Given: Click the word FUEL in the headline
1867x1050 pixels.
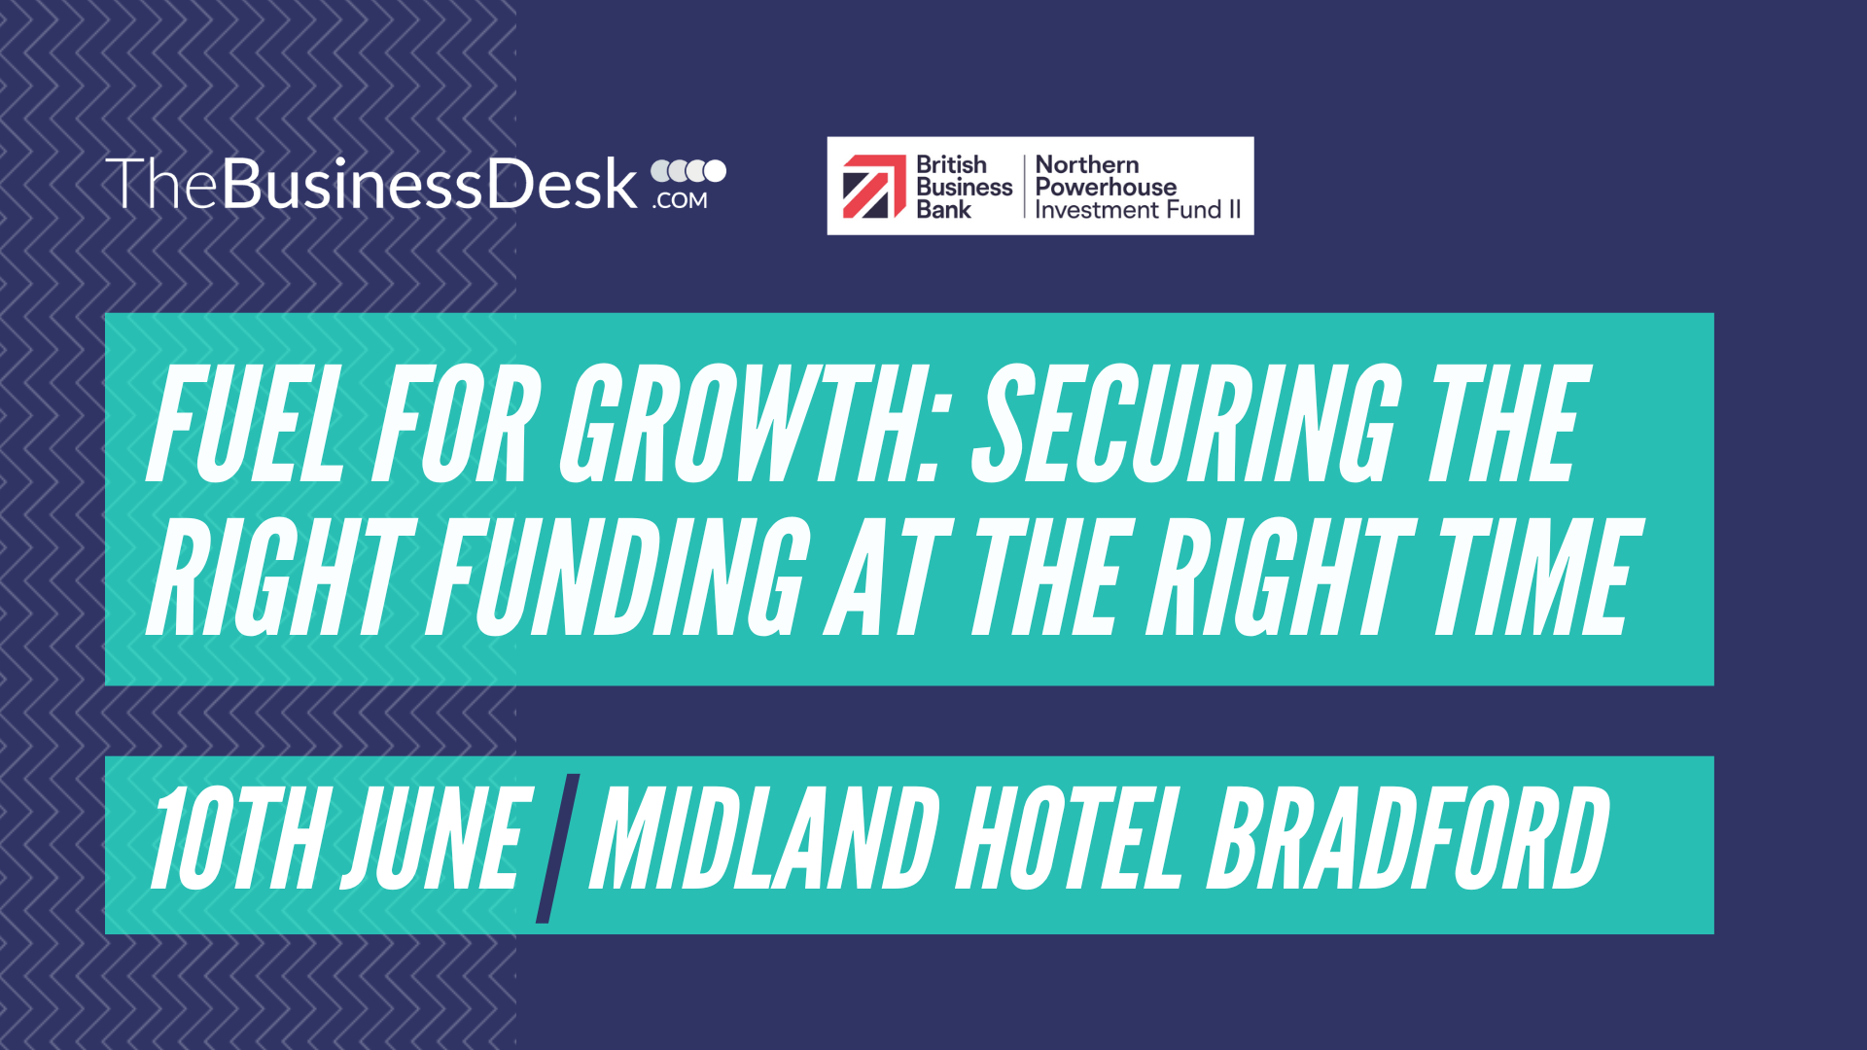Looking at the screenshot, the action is (246, 425).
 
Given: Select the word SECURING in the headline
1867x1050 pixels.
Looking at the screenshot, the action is (1186, 425).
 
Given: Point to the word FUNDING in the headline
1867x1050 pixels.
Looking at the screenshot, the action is (618, 577).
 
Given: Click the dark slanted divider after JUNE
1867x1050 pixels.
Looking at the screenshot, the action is (558, 847).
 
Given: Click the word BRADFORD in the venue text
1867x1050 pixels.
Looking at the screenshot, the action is (1408, 838).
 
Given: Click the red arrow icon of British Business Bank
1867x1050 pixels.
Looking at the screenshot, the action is (874, 187).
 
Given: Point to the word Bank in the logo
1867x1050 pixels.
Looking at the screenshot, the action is (943, 209).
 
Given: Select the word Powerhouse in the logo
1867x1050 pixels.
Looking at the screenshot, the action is (1106, 187).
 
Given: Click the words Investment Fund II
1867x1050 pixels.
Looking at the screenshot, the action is (1138, 209).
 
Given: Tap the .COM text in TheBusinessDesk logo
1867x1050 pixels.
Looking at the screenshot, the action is (681, 200).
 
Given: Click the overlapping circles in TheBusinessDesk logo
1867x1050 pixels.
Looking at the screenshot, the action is (688, 171).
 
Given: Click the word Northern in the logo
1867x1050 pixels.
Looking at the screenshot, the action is (1087, 164).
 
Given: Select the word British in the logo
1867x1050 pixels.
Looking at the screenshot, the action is (951, 164).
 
